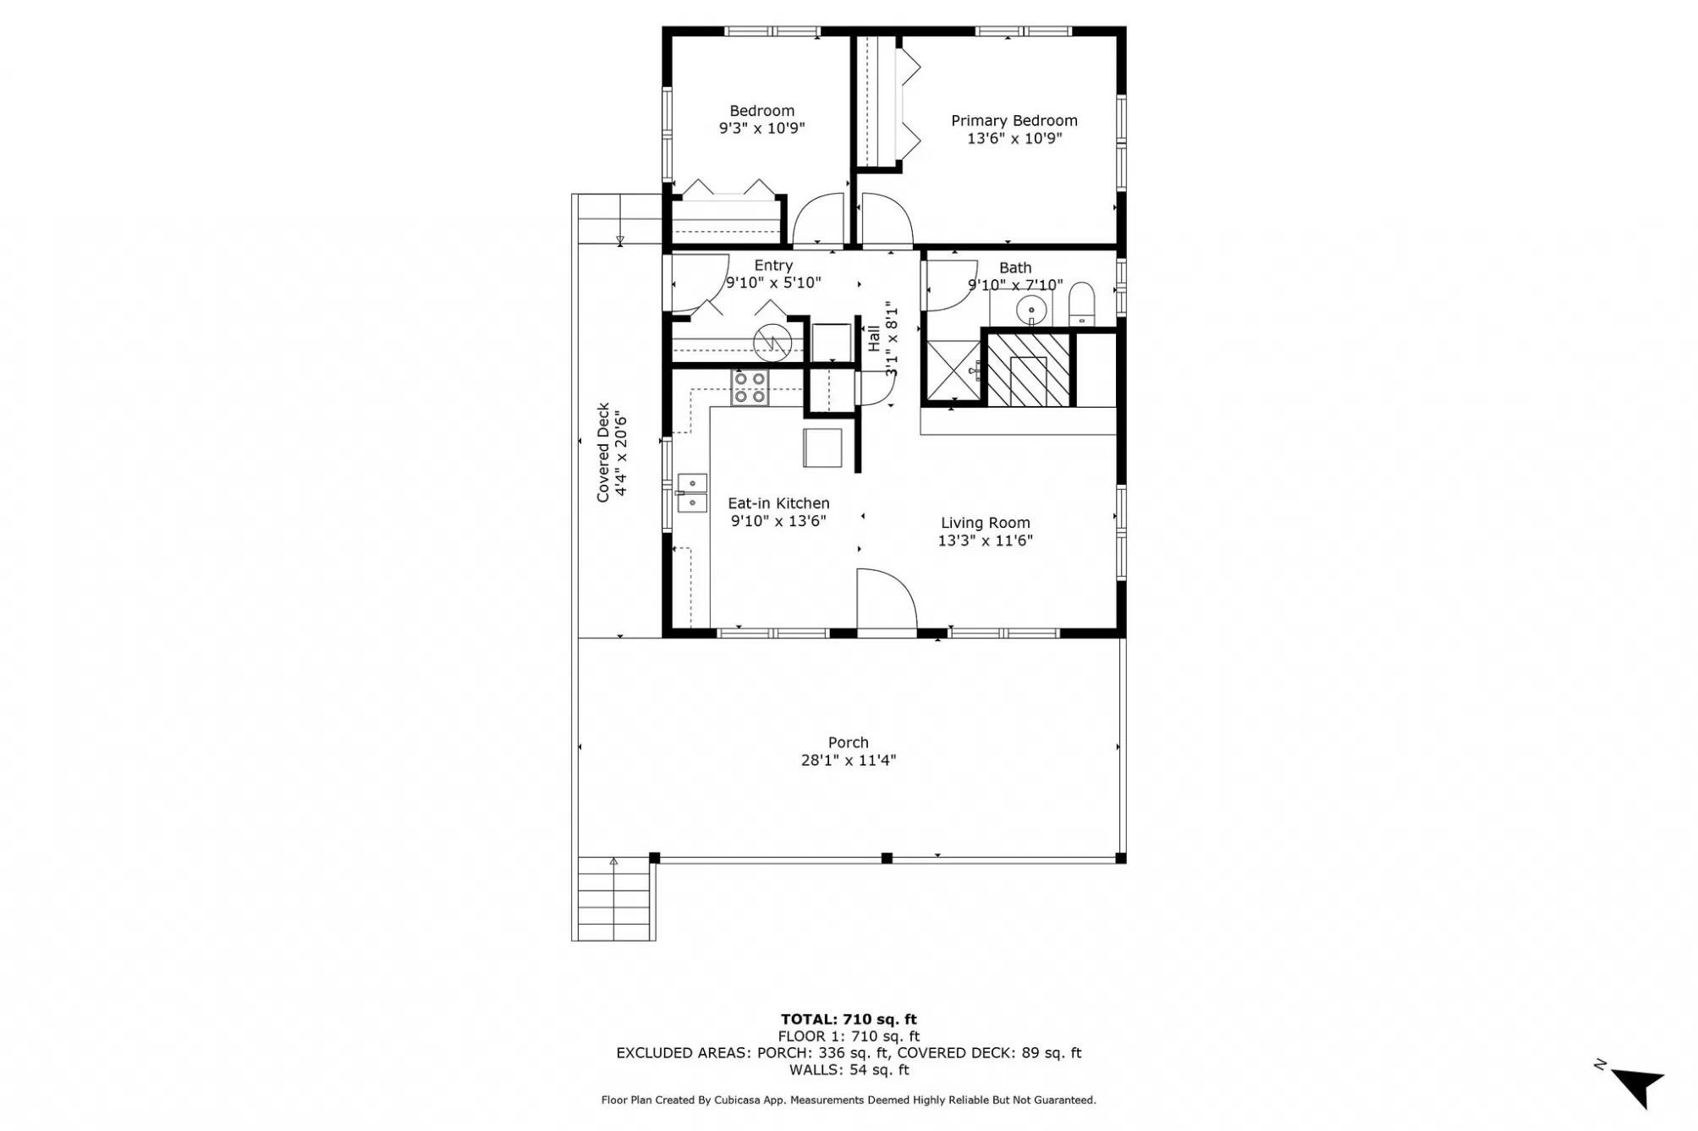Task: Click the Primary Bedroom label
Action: point(1014,121)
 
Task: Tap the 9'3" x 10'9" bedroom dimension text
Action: point(761,129)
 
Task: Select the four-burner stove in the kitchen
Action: point(750,388)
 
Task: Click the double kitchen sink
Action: point(692,493)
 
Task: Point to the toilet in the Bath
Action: point(1081,305)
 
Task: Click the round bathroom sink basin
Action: point(1031,311)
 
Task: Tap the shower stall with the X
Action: point(953,371)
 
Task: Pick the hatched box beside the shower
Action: point(1028,370)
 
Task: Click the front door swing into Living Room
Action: point(886,600)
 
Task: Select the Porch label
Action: point(848,743)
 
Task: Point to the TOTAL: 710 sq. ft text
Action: point(848,1019)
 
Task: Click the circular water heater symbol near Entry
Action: point(772,343)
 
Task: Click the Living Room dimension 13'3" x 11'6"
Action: point(985,541)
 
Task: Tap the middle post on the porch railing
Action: point(886,858)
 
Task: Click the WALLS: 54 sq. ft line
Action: point(849,1070)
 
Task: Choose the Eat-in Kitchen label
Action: point(778,503)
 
